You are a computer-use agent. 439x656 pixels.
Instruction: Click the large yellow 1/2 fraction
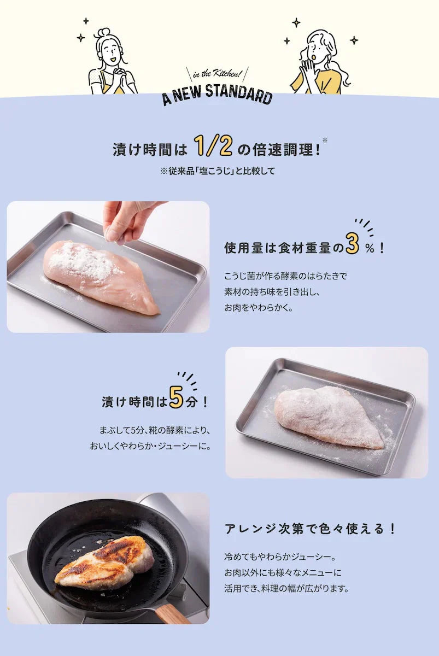[x=213, y=145]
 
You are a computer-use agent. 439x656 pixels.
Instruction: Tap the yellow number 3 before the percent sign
[x=353, y=245]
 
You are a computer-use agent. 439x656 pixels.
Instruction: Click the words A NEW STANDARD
[x=217, y=94]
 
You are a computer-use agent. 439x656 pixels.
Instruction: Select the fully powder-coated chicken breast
[x=329, y=416]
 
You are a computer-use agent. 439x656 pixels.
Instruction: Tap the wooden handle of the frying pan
[x=172, y=613]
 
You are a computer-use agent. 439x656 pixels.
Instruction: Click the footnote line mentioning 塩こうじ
[x=217, y=171]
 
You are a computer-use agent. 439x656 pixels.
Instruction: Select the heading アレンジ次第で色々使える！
[x=310, y=529]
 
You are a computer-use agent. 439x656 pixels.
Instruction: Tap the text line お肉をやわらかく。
[x=259, y=308]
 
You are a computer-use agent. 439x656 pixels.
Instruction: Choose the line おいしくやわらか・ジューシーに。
[x=150, y=446]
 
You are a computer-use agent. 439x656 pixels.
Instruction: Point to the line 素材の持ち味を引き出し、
[x=271, y=292]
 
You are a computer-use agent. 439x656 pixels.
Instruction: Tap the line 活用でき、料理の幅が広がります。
[x=286, y=589]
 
